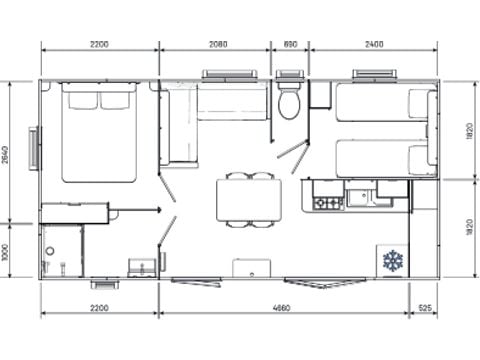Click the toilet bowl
(x=289, y=105)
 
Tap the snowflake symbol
(x=391, y=261)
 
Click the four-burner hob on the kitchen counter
(x=328, y=202)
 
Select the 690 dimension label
(x=290, y=45)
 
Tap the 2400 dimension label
(x=374, y=45)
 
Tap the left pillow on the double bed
(x=81, y=100)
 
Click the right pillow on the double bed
(x=117, y=100)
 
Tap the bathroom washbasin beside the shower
(x=141, y=267)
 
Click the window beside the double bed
(x=35, y=148)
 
